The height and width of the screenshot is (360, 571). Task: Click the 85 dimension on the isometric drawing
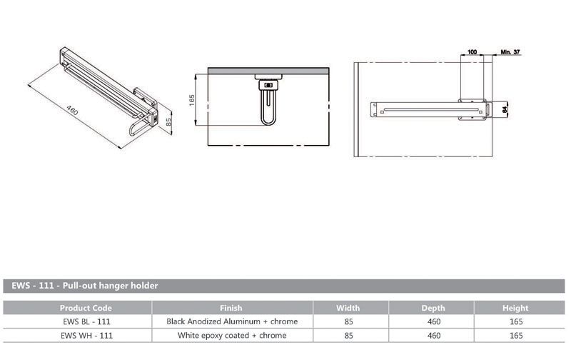click(x=168, y=122)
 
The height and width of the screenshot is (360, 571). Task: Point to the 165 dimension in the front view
click(x=193, y=99)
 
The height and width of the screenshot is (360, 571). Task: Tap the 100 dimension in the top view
click(x=472, y=52)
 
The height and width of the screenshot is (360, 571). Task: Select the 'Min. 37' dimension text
click(x=510, y=52)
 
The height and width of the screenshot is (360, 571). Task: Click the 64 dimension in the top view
click(x=504, y=109)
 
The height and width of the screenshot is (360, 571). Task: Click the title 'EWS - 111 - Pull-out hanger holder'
click(x=85, y=286)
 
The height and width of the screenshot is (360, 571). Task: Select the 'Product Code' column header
click(x=86, y=308)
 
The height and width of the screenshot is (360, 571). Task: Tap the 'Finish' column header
click(x=231, y=308)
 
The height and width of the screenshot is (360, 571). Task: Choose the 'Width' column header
click(x=348, y=308)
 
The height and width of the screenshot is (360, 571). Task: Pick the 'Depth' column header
click(x=433, y=308)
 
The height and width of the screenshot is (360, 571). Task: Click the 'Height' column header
click(x=515, y=308)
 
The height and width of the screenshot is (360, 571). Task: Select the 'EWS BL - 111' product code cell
click(x=86, y=321)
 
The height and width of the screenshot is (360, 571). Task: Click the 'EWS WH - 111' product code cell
click(x=86, y=335)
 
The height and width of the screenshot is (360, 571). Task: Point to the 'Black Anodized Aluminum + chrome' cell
click(x=231, y=321)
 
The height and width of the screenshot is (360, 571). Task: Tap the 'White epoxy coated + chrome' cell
click(x=231, y=335)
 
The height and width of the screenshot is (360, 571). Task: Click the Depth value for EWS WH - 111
click(x=433, y=335)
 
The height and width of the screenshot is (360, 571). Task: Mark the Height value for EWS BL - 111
click(x=515, y=321)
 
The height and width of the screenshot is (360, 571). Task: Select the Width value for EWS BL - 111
click(x=348, y=321)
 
